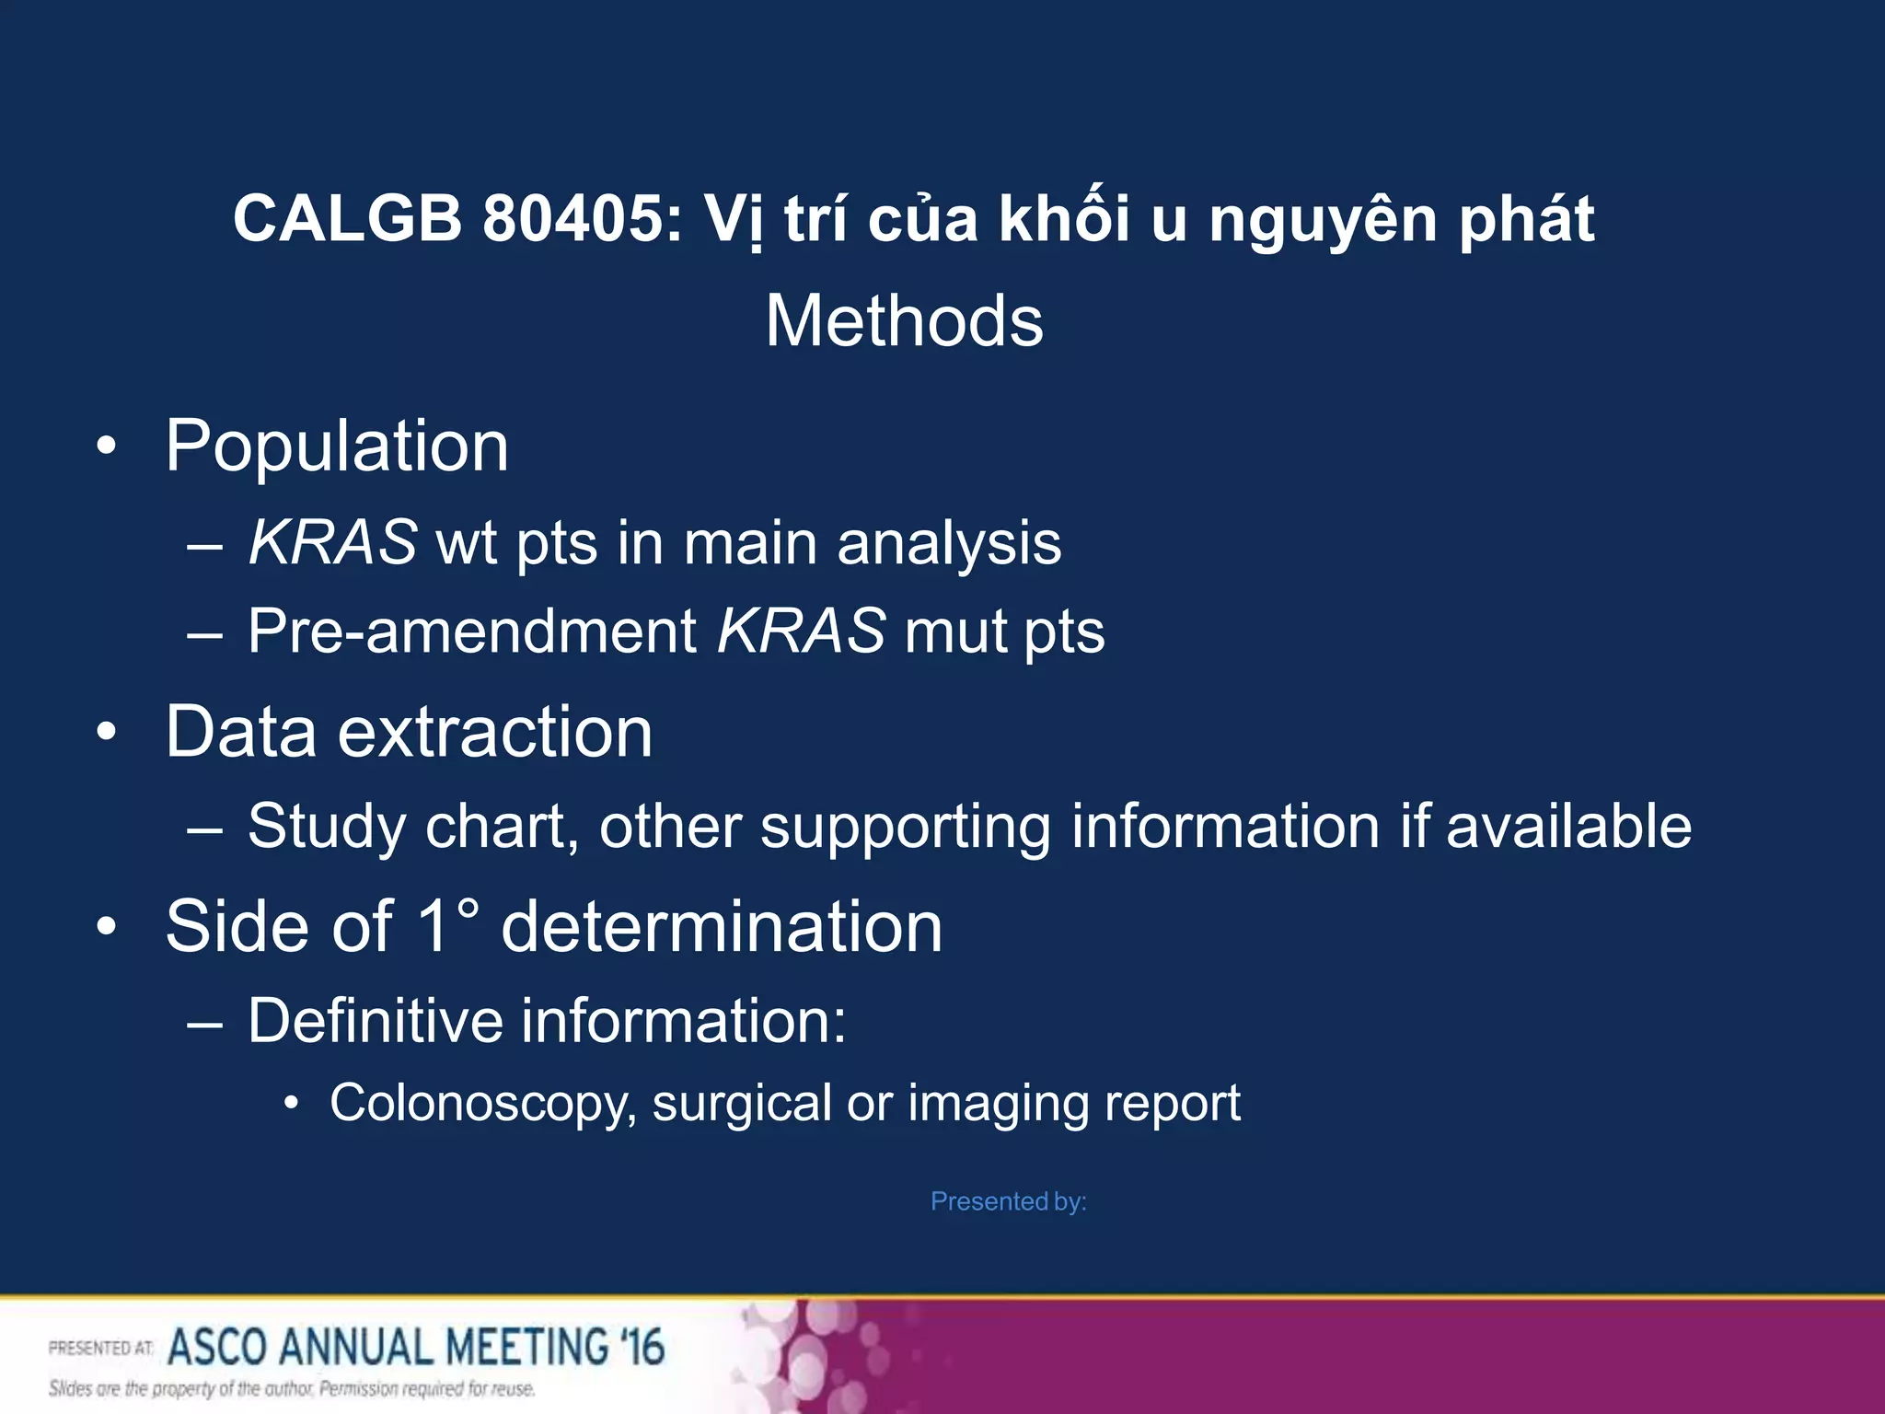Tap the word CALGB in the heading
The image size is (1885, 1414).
[x=347, y=219]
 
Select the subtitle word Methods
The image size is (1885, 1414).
[x=904, y=321]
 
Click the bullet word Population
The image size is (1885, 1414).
[x=337, y=446]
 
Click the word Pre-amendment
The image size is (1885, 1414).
[x=472, y=632]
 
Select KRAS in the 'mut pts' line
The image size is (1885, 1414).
[x=802, y=632]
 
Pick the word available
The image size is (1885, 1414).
[x=1568, y=826]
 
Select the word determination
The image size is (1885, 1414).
[x=722, y=926]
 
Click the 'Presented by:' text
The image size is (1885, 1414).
[x=1008, y=1201]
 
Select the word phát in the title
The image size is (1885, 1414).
[x=1527, y=219]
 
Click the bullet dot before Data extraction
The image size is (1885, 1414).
[x=107, y=733]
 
